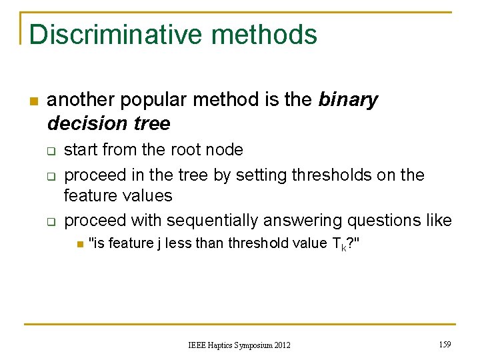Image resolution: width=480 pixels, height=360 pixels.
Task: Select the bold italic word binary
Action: point(348,100)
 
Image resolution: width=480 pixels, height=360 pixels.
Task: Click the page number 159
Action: point(445,344)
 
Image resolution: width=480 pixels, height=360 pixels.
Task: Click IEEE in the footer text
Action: point(198,345)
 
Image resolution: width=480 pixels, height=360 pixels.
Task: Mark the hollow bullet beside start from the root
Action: point(51,151)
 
